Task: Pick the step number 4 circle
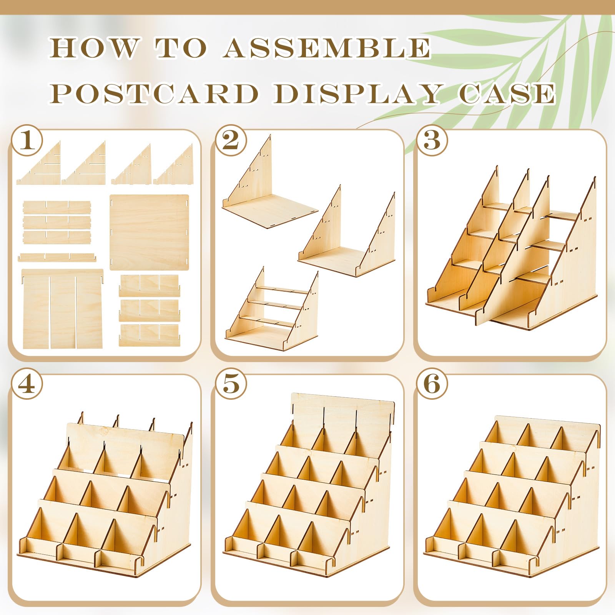26,384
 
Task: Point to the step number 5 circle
231,384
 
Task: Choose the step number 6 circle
432,384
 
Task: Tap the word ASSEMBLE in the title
327,48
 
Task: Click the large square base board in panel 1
149,232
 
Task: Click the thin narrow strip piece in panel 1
57,256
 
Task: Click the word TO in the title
181,48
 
